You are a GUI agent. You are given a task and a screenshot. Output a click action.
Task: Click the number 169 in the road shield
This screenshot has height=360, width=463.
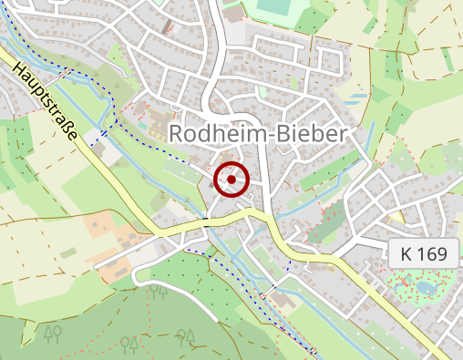pyautogui.click(x=433, y=254)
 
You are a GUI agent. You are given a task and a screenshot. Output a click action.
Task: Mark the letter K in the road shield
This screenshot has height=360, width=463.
pyautogui.click(x=406, y=254)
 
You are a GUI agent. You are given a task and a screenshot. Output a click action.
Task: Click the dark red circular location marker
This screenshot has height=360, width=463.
pyautogui.click(x=232, y=180)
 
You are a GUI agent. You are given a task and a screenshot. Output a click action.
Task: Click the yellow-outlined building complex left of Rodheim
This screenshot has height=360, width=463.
pyautogui.click(x=155, y=123)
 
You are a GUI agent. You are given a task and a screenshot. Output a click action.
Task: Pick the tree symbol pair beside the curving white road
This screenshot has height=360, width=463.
pyautogui.click(x=159, y=292)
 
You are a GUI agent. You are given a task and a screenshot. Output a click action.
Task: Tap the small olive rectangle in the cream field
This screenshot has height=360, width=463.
pyautogui.click(x=68, y=252)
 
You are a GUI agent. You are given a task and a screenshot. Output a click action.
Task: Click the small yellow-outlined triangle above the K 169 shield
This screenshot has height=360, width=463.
pyautogui.click(x=394, y=219)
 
